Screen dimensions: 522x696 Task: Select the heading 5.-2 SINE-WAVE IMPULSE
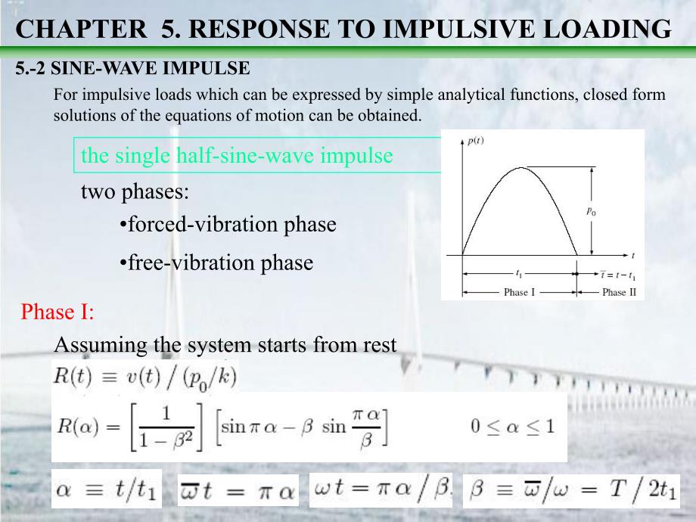coord(132,69)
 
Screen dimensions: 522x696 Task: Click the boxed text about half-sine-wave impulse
coord(237,156)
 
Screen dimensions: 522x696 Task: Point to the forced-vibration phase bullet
coord(228,225)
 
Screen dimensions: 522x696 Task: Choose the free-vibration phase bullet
coord(216,263)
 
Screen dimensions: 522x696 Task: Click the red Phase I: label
coord(57,311)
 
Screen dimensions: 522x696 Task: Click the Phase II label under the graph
coord(614,292)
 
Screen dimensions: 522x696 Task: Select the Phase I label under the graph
coord(519,292)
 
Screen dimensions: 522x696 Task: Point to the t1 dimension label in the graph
coord(518,273)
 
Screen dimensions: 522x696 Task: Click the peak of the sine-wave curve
coord(519,167)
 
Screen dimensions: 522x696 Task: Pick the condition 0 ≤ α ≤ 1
coord(512,426)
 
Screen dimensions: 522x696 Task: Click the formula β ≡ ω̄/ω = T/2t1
coord(571,491)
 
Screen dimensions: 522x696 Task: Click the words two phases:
coord(135,191)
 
